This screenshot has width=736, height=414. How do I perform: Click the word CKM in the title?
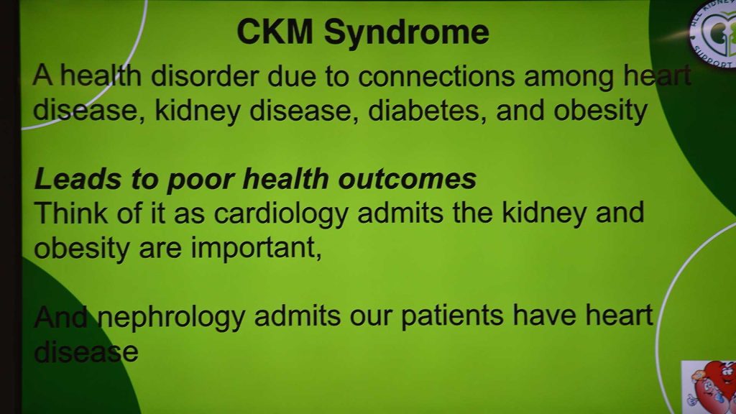click(x=275, y=32)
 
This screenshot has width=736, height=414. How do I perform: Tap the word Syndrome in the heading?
click(x=407, y=34)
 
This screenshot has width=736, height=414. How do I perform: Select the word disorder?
click(x=205, y=75)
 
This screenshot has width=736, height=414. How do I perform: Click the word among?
click(x=569, y=78)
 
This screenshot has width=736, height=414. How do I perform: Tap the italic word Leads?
click(x=78, y=179)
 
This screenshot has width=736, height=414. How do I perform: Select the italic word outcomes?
click(x=407, y=179)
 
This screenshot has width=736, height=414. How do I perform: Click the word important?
click(x=256, y=247)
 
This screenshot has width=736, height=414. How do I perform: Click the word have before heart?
click(x=544, y=315)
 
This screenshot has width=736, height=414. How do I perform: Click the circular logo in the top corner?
click(x=714, y=33)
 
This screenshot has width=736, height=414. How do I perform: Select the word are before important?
click(x=160, y=249)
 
